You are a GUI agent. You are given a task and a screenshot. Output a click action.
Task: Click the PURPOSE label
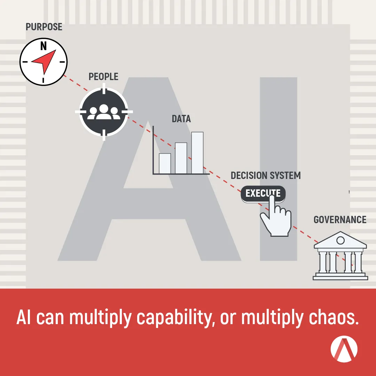pyautogui.click(x=44, y=27)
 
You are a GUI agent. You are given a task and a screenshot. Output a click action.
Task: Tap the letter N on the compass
pyautogui.click(x=44, y=46)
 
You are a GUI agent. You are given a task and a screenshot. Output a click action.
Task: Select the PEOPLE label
pyautogui.click(x=103, y=77)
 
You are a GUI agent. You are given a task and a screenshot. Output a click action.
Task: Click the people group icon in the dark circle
pyautogui.click(x=104, y=112)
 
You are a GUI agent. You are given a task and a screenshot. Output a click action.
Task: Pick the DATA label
pyautogui.click(x=181, y=119)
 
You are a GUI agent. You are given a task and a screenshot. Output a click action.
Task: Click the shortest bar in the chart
pyautogui.click(x=165, y=164)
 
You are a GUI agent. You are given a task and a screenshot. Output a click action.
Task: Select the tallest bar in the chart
pyautogui.click(x=197, y=153)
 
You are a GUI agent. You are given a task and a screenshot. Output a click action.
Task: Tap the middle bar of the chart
pyautogui.click(x=181, y=158)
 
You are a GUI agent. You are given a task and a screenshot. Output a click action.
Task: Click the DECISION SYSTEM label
pyautogui.click(x=265, y=175)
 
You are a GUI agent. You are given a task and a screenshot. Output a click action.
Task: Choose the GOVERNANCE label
pyautogui.click(x=340, y=220)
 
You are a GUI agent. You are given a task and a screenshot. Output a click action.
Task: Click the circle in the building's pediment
pyautogui.click(x=340, y=240)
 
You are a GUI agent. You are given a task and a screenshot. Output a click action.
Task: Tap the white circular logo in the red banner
pyautogui.click(x=344, y=349)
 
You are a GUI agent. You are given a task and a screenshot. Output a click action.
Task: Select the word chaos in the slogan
pyautogui.click(x=334, y=318)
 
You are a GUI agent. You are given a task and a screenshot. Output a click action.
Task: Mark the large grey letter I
pyautogui.click(x=279, y=169)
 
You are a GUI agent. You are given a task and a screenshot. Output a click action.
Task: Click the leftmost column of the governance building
pyautogui.click(x=322, y=262)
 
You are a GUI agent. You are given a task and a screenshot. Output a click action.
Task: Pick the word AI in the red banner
pyautogui.click(x=24, y=317)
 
